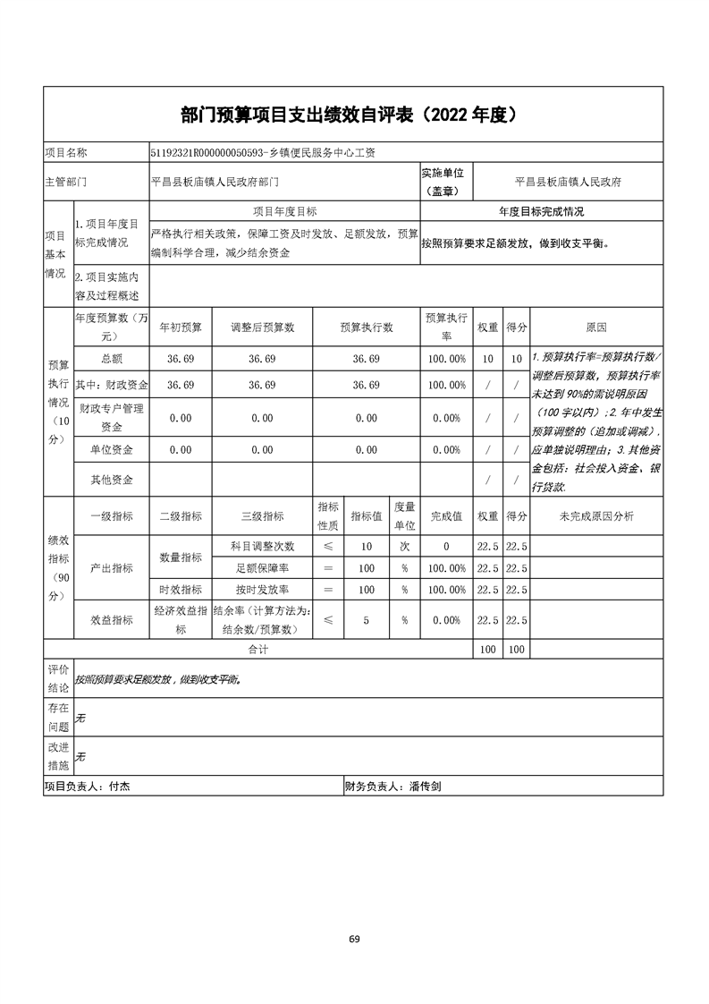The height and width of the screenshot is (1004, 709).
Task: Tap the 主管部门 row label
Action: [65, 182]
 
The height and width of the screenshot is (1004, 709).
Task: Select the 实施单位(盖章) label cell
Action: [446, 181]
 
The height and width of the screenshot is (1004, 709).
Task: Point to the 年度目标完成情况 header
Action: [541, 212]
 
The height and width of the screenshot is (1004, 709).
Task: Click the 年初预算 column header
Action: [181, 328]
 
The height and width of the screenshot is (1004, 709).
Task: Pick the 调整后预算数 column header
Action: [262, 328]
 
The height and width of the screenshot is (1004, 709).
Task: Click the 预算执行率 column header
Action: [446, 328]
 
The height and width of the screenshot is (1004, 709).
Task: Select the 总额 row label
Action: [112, 359]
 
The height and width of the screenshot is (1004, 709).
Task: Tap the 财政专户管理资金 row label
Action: [112, 417]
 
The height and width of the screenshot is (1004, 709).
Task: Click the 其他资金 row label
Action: [112, 480]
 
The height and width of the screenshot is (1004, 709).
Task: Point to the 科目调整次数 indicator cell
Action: [262, 546]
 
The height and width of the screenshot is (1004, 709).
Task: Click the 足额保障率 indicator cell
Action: [262, 568]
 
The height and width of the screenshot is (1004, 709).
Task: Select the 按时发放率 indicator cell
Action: [262, 590]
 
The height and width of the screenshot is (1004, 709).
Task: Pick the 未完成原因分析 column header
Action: [595, 516]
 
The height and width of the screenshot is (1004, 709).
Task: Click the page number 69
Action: [354, 939]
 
